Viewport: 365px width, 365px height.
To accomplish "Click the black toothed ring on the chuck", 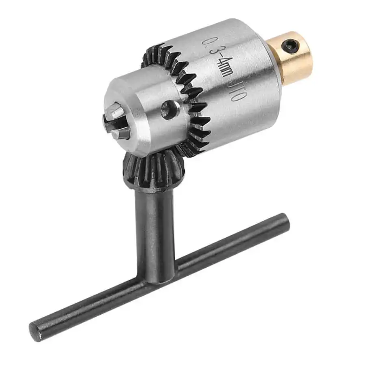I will point(191,97).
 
